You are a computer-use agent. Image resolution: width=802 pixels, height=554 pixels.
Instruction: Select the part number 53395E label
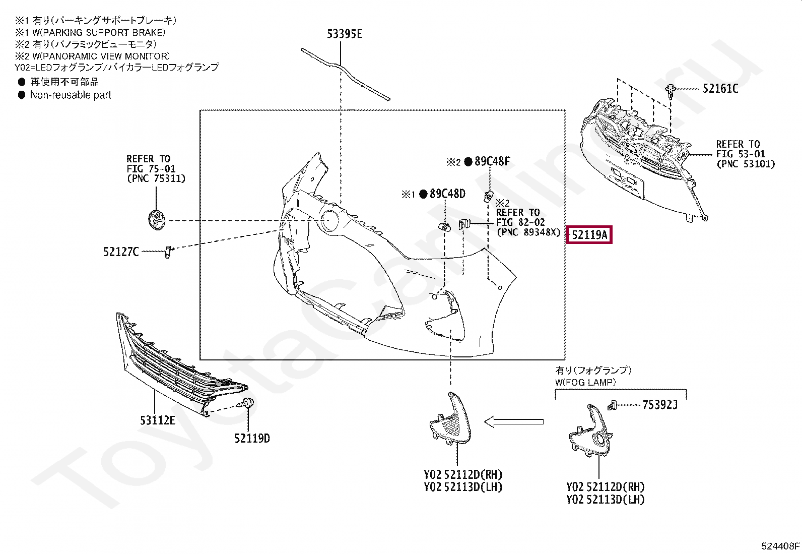345,34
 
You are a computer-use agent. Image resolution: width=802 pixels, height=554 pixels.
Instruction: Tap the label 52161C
720,89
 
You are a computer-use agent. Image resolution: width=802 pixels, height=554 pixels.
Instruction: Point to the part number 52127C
121,251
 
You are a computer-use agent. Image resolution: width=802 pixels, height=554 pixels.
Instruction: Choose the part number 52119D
252,438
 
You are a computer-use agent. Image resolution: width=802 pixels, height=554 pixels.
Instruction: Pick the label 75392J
660,404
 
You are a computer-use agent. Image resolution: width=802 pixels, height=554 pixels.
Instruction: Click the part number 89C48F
492,161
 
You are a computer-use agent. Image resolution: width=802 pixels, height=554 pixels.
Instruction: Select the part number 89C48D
447,194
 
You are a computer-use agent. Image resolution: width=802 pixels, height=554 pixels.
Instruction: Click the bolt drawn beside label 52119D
248,403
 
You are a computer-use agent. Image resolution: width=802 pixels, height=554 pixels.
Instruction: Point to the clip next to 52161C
671,91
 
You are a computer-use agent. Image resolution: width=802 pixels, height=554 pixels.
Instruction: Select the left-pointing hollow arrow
514,421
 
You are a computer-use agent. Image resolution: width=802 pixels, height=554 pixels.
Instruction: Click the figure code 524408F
780,545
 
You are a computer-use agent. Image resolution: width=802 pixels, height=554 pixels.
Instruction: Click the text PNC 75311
156,178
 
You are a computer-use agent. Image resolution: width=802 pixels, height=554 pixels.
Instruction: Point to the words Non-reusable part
71,95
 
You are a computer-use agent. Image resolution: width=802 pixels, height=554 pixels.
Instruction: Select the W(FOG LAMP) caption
585,382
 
